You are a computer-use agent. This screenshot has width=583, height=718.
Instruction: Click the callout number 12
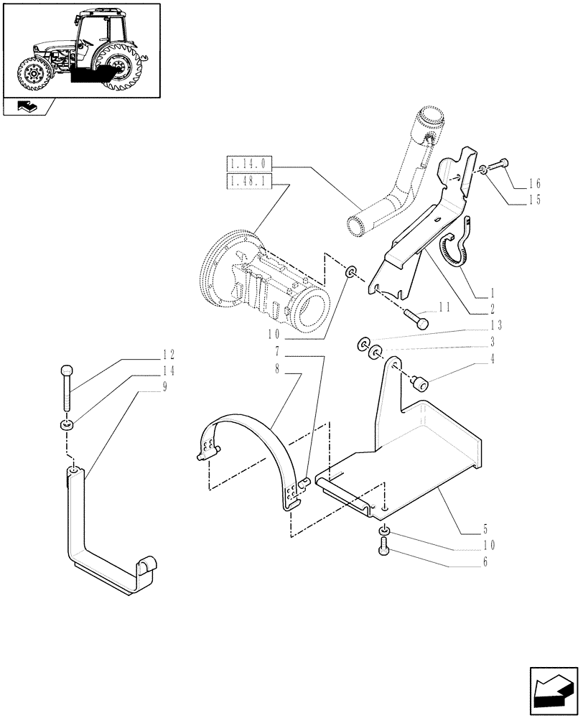(x=169, y=355)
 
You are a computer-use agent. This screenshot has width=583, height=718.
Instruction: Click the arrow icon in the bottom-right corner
(x=552, y=691)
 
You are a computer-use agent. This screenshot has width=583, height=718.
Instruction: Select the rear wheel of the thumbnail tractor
(x=120, y=67)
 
